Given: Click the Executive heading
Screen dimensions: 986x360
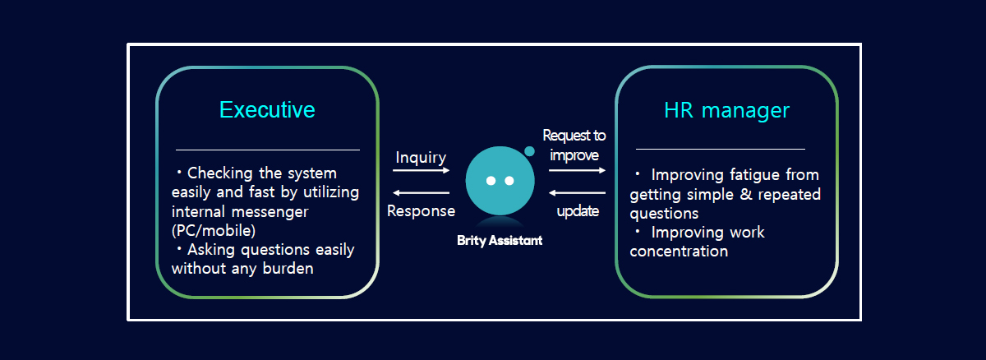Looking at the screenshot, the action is coord(267,109).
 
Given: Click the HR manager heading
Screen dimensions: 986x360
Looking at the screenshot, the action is coord(726,110).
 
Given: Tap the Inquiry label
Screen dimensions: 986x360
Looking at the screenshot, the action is coord(421,158).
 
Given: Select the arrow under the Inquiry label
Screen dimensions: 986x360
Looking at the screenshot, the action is coord(422,170).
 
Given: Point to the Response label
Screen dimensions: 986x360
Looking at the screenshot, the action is coord(421,211).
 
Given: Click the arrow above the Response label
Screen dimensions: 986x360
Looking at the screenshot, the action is coord(422,193).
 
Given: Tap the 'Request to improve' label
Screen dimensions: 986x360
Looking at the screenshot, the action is coord(574,145).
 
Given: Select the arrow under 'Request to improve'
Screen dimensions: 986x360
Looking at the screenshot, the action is coord(577,170).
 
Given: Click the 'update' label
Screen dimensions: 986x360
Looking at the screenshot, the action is coord(578,211).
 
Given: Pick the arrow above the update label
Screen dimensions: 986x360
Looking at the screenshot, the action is coord(577,193).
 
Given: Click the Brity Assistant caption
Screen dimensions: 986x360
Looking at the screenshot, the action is coord(500,240).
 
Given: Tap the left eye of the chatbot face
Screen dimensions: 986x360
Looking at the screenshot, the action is coord(491,181).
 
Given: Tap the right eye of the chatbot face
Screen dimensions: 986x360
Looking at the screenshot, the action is coord(509,181).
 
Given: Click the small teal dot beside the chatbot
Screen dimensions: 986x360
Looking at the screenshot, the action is coord(529,151).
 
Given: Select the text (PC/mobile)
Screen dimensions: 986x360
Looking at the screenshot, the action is coord(214,231).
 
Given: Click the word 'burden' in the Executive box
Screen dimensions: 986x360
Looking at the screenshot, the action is coord(288,269).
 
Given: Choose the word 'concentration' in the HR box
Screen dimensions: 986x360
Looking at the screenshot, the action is coord(679,252).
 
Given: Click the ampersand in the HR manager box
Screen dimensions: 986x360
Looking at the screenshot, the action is coord(746,194).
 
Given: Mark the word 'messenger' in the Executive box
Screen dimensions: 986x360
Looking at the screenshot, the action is coord(270,212).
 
